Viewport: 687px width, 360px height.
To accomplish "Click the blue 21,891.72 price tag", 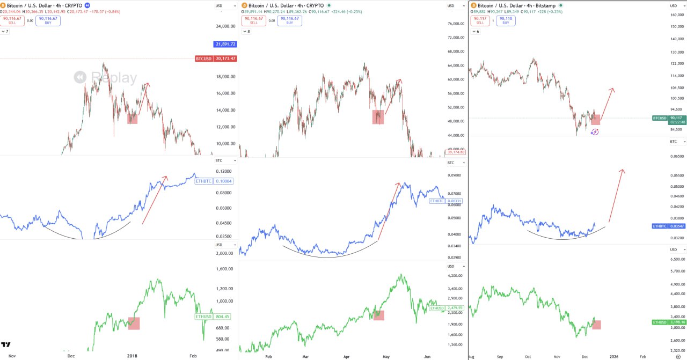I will pos(225,44).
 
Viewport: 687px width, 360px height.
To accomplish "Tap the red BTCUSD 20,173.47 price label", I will pos(216,58).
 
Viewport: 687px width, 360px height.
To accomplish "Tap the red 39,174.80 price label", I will pos(455,152).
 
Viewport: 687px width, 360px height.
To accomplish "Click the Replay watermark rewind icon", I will pos(80,78).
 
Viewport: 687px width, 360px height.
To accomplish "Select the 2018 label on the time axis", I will pos(133,356).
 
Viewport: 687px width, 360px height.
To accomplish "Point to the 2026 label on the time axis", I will pos(614,356).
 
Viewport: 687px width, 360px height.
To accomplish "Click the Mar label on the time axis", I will pos(305,356).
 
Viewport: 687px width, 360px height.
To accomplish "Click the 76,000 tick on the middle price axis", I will pos(456,24).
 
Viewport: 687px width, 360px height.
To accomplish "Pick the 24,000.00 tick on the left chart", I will pos(225,26).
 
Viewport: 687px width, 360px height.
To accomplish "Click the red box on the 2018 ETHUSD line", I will pos(133,323).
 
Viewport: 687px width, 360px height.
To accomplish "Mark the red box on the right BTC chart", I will pos(595,119).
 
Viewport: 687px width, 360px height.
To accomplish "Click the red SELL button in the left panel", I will pos(12,20).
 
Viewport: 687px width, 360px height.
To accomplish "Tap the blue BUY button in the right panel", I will pos(505,20).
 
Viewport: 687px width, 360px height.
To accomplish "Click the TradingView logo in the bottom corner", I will pos(6,345).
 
